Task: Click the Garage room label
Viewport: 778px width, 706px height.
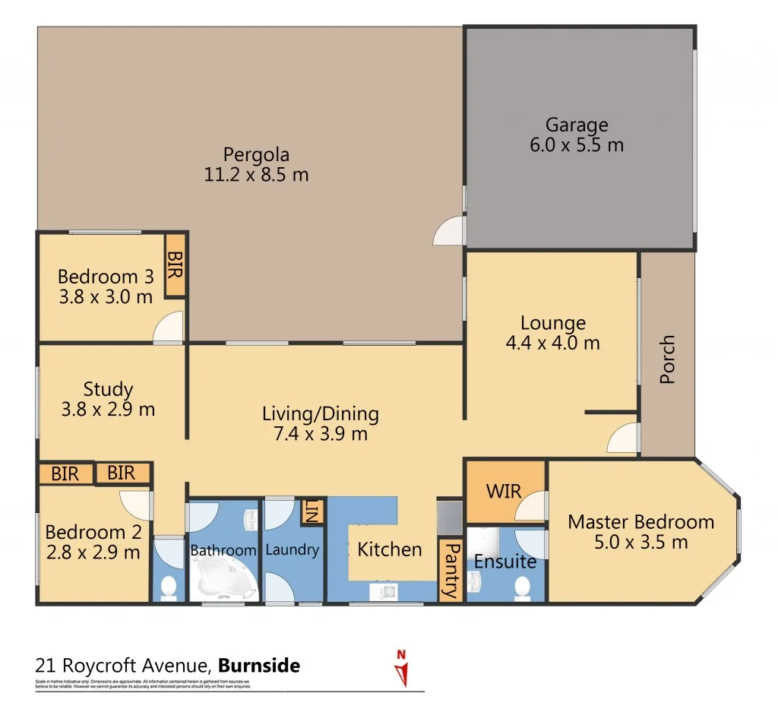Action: [577, 125]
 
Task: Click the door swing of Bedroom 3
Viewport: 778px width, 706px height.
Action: [169, 329]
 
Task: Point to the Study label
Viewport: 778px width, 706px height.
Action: [107, 389]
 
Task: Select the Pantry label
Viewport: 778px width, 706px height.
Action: [451, 570]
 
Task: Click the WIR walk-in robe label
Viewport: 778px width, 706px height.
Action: [504, 490]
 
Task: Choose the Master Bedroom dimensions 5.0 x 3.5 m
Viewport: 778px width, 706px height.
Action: [640, 542]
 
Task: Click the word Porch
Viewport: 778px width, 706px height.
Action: [667, 359]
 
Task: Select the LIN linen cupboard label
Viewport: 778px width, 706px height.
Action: [312, 511]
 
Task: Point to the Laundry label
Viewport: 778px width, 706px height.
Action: [292, 549]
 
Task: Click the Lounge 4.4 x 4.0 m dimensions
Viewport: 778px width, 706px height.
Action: [552, 343]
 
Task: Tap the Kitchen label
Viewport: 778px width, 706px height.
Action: [389, 549]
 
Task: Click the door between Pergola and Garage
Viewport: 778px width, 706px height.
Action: [449, 232]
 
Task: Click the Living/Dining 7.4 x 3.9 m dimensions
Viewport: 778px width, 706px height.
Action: [320, 434]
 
